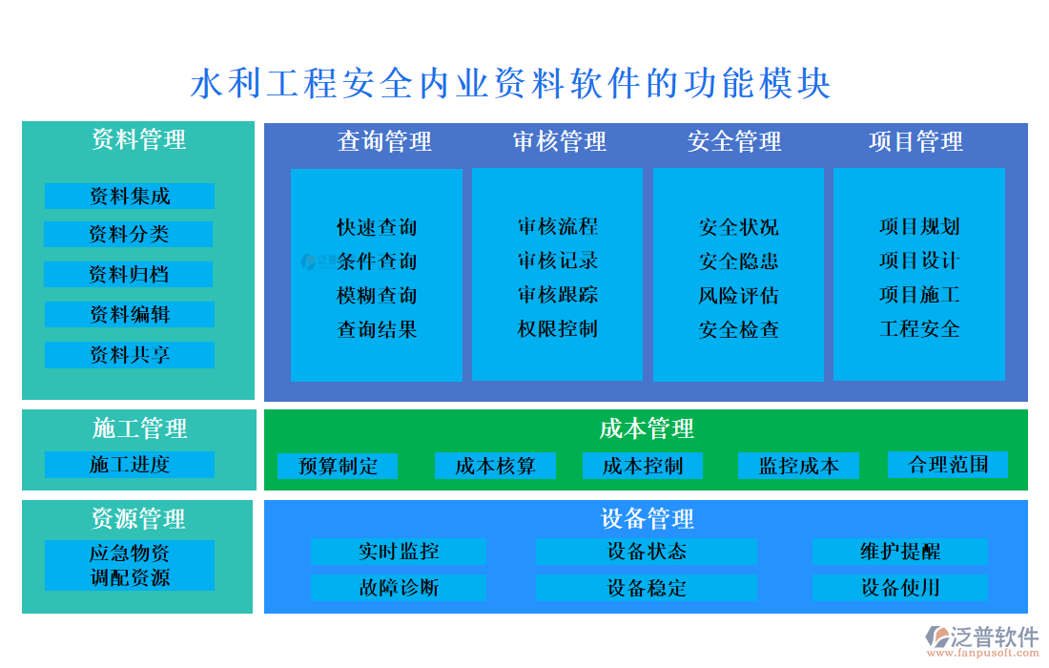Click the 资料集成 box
pos(130,196)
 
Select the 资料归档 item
pos(129,275)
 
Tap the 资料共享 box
pos(130,355)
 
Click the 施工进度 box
pos(130,465)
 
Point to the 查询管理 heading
pos(384,142)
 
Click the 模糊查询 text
pos(377,296)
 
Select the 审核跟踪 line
pos(558,295)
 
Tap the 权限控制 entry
pos(558,329)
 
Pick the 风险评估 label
pos(738,296)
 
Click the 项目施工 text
pos(919,295)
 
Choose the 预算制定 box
pos(338,466)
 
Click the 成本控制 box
pos(643,466)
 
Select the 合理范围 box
pos(948,465)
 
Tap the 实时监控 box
pos(399,552)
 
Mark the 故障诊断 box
pos(399,587)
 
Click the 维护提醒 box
pos(899,552)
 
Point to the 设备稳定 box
pos(646,587)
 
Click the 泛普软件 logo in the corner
pos(982,638)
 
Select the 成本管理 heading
pos(647,428)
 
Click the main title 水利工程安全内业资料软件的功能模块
pos(511,84)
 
